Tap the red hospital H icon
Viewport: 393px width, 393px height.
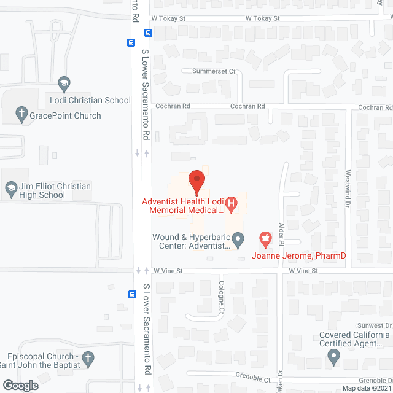pos(232,202)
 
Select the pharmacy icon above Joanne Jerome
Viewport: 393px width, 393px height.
pos(265,237)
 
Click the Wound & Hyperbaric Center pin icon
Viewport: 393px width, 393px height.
pos(239,238)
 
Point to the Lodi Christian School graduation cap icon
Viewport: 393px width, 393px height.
pos(63,84)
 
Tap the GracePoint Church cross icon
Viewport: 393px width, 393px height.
pos(21,115)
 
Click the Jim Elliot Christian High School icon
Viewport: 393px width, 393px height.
pos(11,190)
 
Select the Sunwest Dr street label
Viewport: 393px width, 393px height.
pos(376,325)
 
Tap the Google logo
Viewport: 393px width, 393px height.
pos(20,385)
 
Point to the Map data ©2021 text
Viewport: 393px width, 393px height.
pos(366,388)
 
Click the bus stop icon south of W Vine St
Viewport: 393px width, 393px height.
pos(132,294)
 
